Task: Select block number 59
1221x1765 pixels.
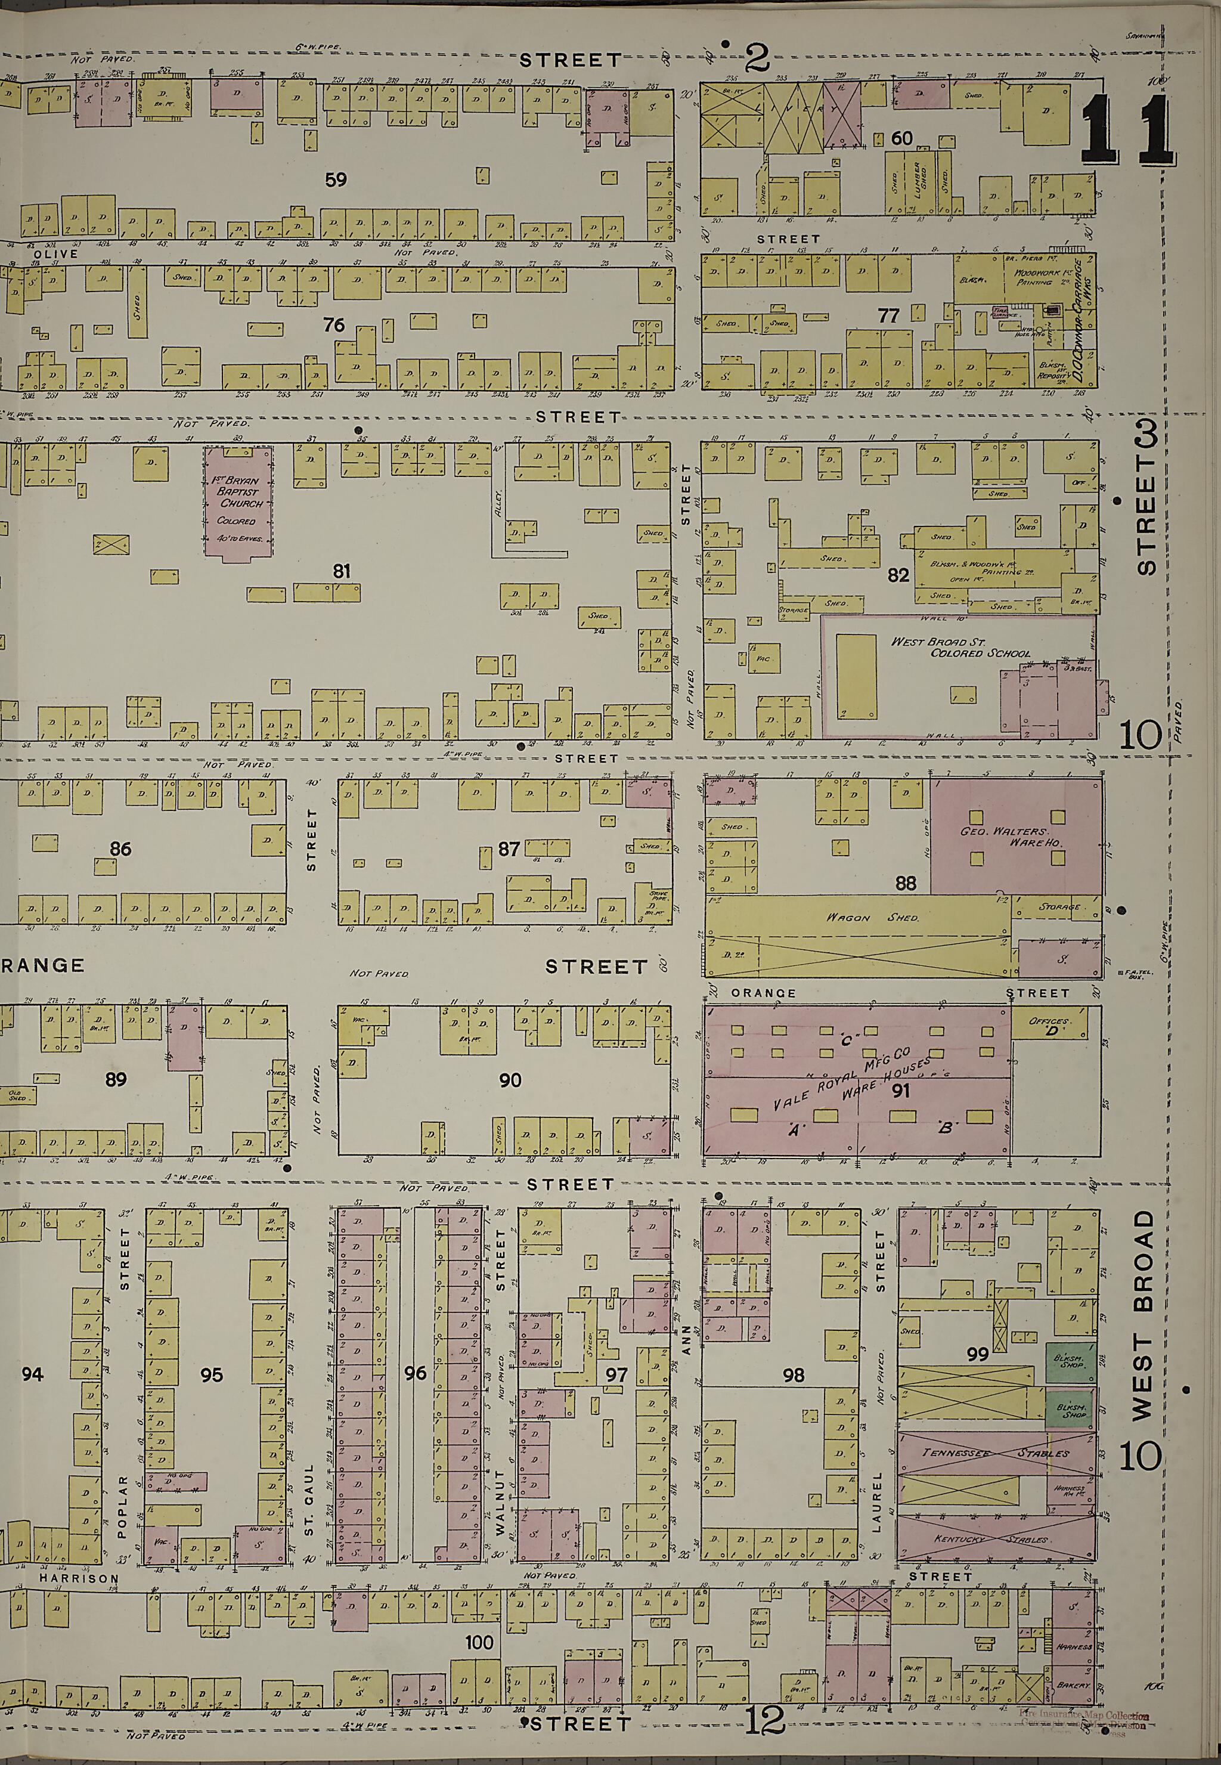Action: pyautogui.click(x=336, y=180)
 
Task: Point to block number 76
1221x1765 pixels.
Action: pyautogui.click(x=333, y=324)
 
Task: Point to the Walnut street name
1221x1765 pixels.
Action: pyautogui.click(x=500, y=1502)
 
